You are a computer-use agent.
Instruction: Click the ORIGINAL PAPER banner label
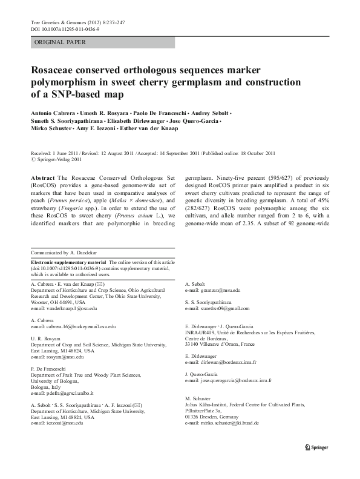(61, 42)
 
